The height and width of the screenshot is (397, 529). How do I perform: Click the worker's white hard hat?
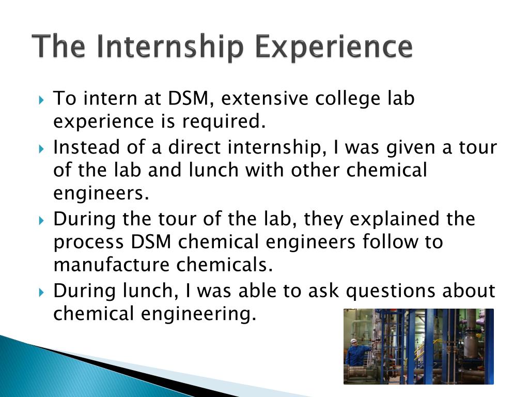click(353, 341)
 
